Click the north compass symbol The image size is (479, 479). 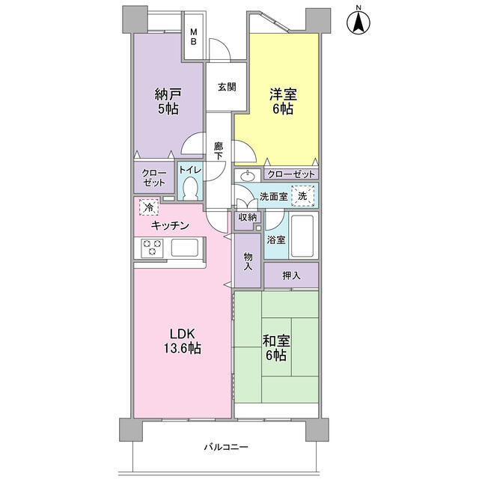pos(359,21)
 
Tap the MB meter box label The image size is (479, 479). pos(194,37)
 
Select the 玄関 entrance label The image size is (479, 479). pos(227,87)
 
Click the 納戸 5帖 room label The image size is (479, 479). pos(168,101)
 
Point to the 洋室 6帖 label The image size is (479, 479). pos(283,101)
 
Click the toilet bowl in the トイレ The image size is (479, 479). pos(191,189)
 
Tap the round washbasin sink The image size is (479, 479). pos(247,177)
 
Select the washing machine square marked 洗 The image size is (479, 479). pos(302,196)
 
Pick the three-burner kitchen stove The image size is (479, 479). pos(152,248)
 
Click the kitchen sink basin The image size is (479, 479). pos(185,248)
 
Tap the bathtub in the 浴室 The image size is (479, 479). pos(302,236)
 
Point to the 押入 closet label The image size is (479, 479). pos(291,276)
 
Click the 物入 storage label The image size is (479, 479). pos(248,261)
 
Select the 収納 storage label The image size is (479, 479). pos(248,218)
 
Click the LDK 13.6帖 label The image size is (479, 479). pos(183,341)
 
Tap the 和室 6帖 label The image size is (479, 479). pos(276,348)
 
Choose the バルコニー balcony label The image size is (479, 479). pos(226,448)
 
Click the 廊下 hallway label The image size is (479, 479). pos(218,151)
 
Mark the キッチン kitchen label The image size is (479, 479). pos(170,226)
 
